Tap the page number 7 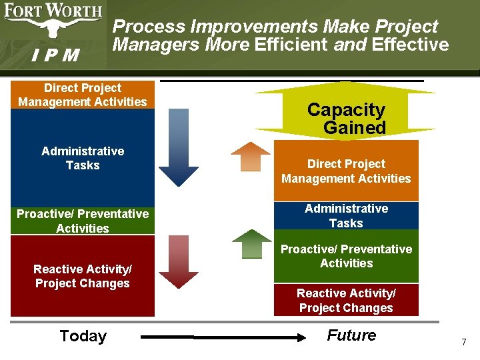pyautogui.click(x=463, y=342)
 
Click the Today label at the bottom pyautogui.click(x=83, y=336)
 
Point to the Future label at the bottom pyautogui.click(x=351, y=335)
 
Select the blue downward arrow pyautogui.click(x=179, y=147)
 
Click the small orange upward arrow pyautogui.click(x=251, y=157)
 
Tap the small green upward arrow pyautogui.click(x=251, y=244)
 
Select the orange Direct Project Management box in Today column pyautogui.click(x=83, y=95)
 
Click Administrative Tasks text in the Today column pyautogui.click(x=83, y=158)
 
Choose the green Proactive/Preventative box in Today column pyautogui.click(x=83, y=221)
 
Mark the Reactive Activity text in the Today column pyautogui.click(x=83, y=276)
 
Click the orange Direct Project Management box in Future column pyautogui.click(x=346, y=171)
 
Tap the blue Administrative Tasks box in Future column pyautogui.click(x=346, y=216)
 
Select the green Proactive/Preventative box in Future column pyautogui.click(x=346, y=256)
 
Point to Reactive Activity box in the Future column pyautogui.click(x=346, y=300)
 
